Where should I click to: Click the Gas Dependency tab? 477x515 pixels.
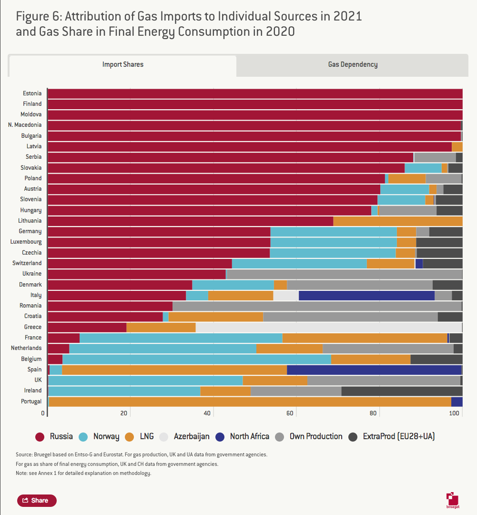(x=353, y=65)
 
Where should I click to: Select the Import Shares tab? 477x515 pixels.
(x=122, y=65)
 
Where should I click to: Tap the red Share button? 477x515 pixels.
(x=37, y=500)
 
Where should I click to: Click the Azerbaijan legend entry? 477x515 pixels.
(x=184, y=436)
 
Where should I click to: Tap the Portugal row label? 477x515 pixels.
(x=31, y=402)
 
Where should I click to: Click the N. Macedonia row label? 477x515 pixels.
(x=25, y=125)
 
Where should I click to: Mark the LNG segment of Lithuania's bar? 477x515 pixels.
(x=397, y=221)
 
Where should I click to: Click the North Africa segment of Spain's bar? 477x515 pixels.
(x=374, y=370)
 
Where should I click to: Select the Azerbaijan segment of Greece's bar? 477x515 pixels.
(x=328, y=327)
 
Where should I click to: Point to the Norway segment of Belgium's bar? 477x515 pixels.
(x=196, y=359)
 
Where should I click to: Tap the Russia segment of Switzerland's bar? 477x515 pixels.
(x=140, y=263)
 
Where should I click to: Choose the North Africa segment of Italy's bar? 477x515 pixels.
(x=366, y=295)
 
